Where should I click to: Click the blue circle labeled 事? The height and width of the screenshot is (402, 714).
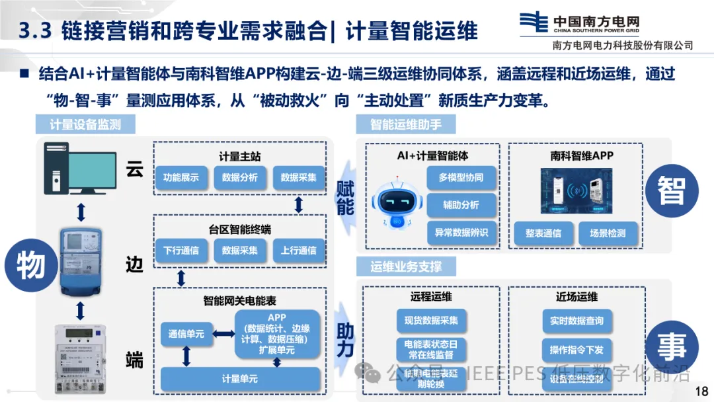672,346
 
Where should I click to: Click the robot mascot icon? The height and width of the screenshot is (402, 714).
395,202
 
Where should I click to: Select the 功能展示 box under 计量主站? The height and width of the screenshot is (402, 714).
181,177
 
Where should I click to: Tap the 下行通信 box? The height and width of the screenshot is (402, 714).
181,251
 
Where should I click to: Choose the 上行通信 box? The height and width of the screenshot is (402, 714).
299,251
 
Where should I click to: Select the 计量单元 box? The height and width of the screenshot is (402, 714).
240,379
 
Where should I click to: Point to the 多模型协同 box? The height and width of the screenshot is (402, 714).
461,178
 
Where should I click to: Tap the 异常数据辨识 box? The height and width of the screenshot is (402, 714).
461,233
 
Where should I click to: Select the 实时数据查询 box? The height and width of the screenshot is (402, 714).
576,321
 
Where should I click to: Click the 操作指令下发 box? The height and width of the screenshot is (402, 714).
576,349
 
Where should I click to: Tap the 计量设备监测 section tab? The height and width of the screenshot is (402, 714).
85,124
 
